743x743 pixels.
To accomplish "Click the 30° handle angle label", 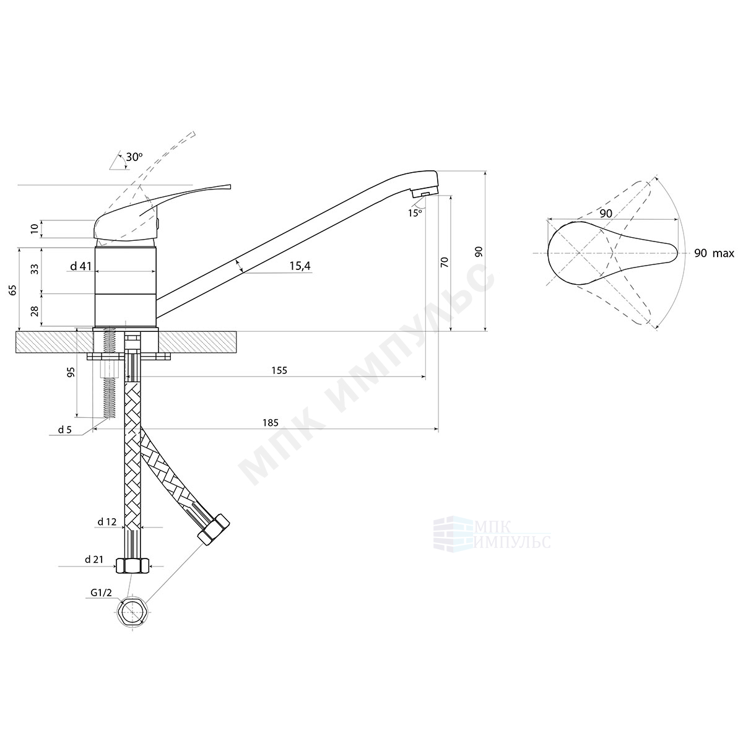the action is [134, 157].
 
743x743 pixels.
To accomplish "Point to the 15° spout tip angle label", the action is [415, 213].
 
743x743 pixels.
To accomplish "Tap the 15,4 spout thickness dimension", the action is [300, 266].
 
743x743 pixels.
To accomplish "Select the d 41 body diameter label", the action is [81, 266].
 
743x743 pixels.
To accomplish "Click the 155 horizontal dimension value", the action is [279, 370].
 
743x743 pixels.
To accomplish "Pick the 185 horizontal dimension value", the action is [271, 423].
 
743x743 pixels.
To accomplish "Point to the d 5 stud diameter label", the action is [65, 430].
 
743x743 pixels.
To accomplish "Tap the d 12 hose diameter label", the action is [106, 522].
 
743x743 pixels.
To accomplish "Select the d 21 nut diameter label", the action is [94, 560].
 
